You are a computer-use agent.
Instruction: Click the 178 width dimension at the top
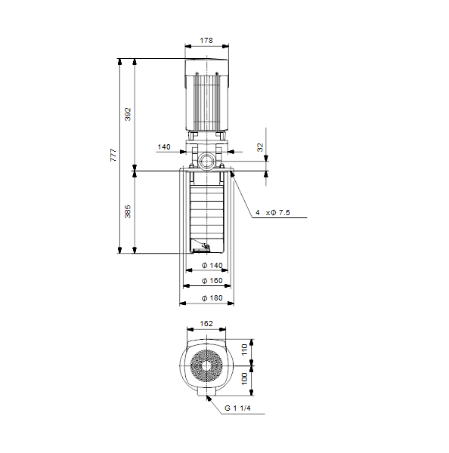206,41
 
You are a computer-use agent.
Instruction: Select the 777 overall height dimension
113,155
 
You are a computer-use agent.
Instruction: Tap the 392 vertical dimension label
128,114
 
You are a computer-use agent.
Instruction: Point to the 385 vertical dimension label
128,211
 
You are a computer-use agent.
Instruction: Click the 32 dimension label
260,147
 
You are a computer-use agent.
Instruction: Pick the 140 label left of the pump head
164,147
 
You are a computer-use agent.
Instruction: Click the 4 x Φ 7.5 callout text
273,213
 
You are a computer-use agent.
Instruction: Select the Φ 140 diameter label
212,265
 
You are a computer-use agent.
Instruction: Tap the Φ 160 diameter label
212,281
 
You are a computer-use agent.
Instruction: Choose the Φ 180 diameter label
212,298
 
